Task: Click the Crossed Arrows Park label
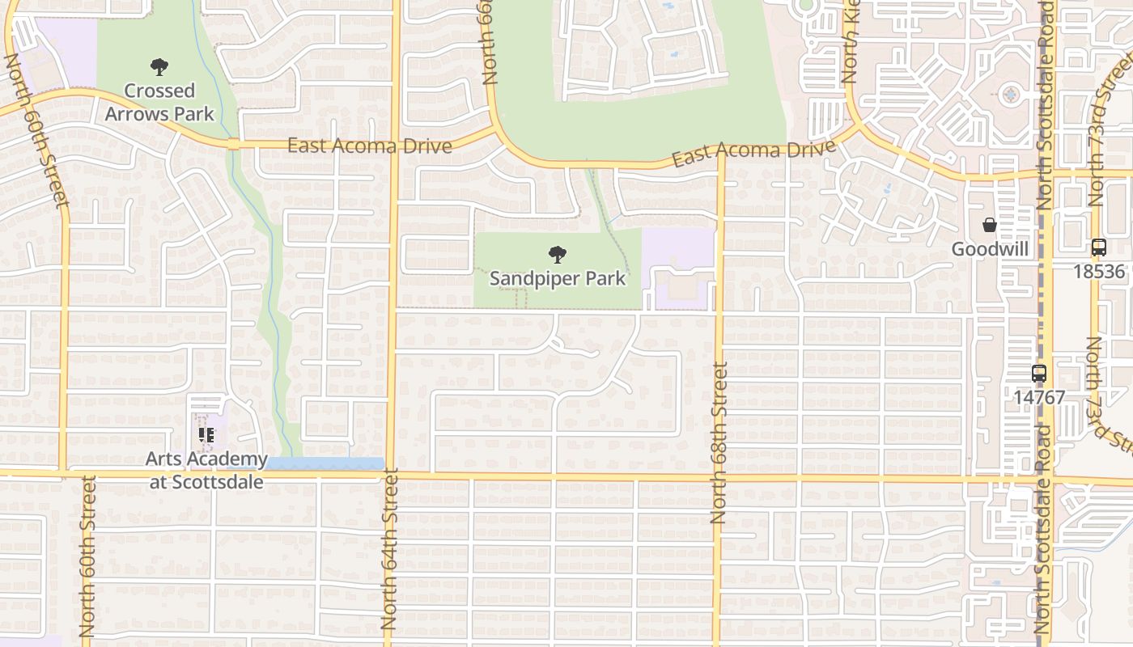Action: (x=159, y=102)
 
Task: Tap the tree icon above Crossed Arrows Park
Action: (x=159, y=67)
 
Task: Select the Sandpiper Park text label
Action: (x=558, y=278)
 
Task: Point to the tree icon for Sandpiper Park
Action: (x=557, y=255)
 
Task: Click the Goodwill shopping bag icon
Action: (x=989, y=225)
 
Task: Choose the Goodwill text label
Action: (x=990, y=249)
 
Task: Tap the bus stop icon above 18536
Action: (x=1098, y=247)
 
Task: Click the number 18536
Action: (x=1098, y=271)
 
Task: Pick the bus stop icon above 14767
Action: (x=1039, y=374)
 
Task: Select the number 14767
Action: (x=1039, y=397)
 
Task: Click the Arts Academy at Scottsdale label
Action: (x=206, y=470)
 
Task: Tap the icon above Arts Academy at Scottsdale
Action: (x=206, y=435)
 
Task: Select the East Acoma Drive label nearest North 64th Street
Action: (x=369, y=146)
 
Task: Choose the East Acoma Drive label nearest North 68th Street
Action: (x=753, y=152)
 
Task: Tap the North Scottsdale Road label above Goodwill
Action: (x=1044, y=105)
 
